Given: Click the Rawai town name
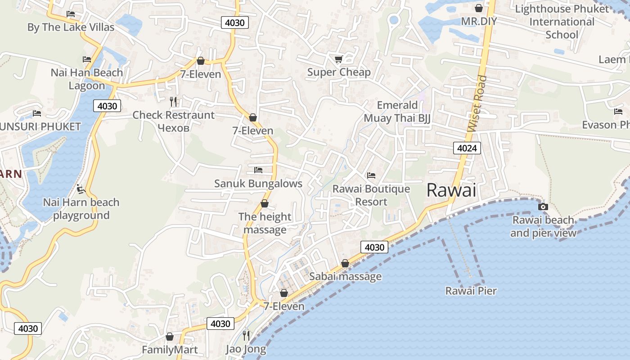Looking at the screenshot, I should (451, 190).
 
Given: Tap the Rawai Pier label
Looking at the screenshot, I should (471, 291).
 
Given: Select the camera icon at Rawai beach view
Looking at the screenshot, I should (543, 207).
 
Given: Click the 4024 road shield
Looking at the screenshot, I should (468, 148).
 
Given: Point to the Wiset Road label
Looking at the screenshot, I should (478, 103).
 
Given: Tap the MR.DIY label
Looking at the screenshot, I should (477, 21).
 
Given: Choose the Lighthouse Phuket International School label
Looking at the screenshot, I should (562, 22).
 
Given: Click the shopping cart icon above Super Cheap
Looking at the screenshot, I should (338, 59).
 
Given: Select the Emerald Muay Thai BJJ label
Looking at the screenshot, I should (397, 112).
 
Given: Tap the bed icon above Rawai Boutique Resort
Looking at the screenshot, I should (371, 175).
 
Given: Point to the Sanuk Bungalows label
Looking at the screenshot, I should (258, 184).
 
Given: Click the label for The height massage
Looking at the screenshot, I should (265, 223).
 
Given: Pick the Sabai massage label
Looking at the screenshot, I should (345, 276).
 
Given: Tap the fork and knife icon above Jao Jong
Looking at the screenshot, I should (246, 335).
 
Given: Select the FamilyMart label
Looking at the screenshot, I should (170, 350).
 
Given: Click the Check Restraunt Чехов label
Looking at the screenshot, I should (173, 121).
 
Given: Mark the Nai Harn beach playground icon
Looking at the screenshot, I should (81, 189).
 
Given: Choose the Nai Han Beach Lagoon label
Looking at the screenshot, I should (86, 79).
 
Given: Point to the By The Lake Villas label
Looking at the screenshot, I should (71, 27).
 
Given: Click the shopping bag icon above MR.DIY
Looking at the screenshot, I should (479, 8).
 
